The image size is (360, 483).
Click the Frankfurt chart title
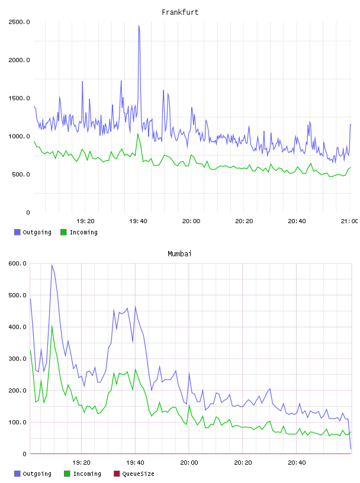tap(180, 12)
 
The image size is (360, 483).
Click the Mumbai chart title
tap(179, 253)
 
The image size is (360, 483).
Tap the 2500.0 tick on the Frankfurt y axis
tap(19, 22)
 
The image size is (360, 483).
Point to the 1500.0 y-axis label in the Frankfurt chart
tap(19, 98)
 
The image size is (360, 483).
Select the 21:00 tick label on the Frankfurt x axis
tap(349, 221)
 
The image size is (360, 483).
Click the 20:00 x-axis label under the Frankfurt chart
tap(191, 221)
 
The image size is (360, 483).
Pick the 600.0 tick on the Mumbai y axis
tap(17, 263)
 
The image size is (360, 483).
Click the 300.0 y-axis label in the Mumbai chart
tap(17, 359)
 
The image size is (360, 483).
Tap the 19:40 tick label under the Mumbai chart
tap(135, 462)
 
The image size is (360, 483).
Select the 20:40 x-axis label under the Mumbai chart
tap(297, 462)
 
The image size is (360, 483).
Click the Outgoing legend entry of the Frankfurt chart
tap(33, 232)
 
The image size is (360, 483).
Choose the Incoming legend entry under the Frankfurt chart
tap(79, 232)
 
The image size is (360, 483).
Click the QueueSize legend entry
tap(134, 474)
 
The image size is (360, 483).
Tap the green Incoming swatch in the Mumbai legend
tap(67, 474)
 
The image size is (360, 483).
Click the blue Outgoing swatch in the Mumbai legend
tap(17, 474)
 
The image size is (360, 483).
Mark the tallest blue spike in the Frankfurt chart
tap(139, 26)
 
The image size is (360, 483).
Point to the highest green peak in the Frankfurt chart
tap(138, 134)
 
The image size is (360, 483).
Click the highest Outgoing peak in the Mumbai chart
tap(52, 265)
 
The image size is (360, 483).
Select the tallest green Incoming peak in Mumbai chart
tap(52, 326)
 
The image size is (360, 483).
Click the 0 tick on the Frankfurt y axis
tap(28, 212)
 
